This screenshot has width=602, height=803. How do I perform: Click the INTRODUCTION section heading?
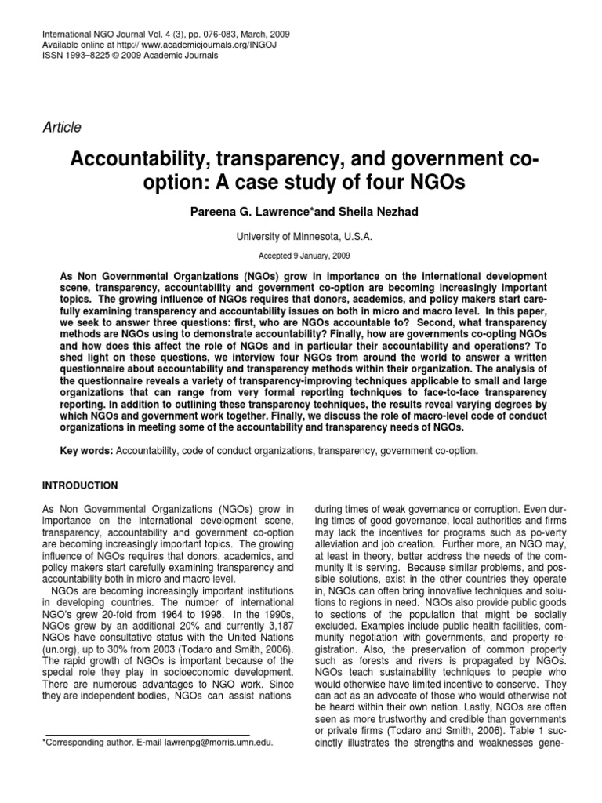tap(80, 485)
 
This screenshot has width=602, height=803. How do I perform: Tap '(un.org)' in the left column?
tap(63, 651)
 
